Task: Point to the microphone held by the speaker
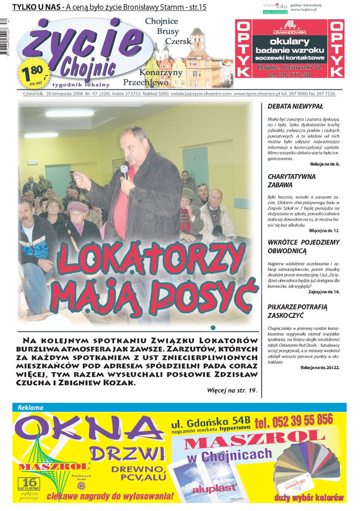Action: click(124, 170)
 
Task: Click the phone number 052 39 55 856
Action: click(294, 420)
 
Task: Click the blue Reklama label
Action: click(30, 407)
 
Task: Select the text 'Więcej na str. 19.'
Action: click(232, 389)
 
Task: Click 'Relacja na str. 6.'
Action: click(323, 164)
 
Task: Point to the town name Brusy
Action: click(167, 31)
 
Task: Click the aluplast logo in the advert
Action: click(210, 490)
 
